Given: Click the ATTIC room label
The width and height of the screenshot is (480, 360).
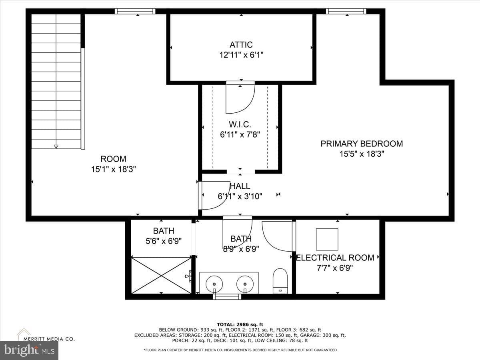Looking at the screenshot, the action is click(x=241, y=45).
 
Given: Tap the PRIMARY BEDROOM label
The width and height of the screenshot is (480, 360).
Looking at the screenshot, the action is click(x=362, y=144).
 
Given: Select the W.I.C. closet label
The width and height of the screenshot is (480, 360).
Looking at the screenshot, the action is click(x=240, y=124).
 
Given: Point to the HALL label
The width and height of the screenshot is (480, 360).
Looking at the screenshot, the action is click(x=240, y=186).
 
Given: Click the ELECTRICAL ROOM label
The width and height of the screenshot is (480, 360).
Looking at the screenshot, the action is click(x=335, y=258).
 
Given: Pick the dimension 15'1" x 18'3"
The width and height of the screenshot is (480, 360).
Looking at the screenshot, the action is click(x=114, y=169).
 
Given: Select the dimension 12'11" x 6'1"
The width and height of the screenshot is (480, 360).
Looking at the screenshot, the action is click(x=241, y=55).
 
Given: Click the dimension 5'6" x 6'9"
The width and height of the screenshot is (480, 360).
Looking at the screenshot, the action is click(x=164, y=241).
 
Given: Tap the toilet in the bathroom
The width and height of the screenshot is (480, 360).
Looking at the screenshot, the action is click(x=280, y=281).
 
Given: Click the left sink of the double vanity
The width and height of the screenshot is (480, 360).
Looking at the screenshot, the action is click(x=214, y=284).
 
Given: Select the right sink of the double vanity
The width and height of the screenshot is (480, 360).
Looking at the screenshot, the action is click(x=245, y=284).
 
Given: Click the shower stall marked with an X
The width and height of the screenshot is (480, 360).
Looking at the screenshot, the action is click(x=161, y=276).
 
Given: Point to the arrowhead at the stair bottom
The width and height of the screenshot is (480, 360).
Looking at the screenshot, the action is click(x=56, y=146).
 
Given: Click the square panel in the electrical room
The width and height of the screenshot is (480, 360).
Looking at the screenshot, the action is click(x=327, y=239).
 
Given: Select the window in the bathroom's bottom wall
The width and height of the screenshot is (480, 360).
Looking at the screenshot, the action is click(x=227, y=297).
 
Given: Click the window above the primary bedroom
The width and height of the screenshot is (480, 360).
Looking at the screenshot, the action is click(x=346, y=11).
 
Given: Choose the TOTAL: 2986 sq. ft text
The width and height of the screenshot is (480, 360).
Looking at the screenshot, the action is click(x=240, y=324).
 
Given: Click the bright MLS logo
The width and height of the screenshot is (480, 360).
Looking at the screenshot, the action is click(x=29, y=350).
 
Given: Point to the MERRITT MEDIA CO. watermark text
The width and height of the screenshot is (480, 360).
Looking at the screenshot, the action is click(x=49, y=339).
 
